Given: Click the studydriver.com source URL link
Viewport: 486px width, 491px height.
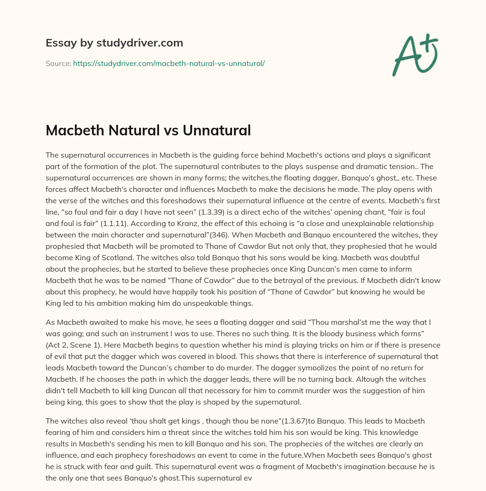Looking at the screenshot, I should pyautogui.click(x=168, y=63).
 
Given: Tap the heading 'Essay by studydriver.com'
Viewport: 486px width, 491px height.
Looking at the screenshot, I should pyautogui.click(x=114, y=43).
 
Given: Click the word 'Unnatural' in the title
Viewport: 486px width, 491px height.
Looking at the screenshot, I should pyautogui.click(x=220, y=130).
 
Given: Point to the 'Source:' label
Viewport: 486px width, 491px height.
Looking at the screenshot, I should pyautogui.click(x=58, y=63).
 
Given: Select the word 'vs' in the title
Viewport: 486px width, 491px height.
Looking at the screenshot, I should pyautogui.click(x=178, y=130).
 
